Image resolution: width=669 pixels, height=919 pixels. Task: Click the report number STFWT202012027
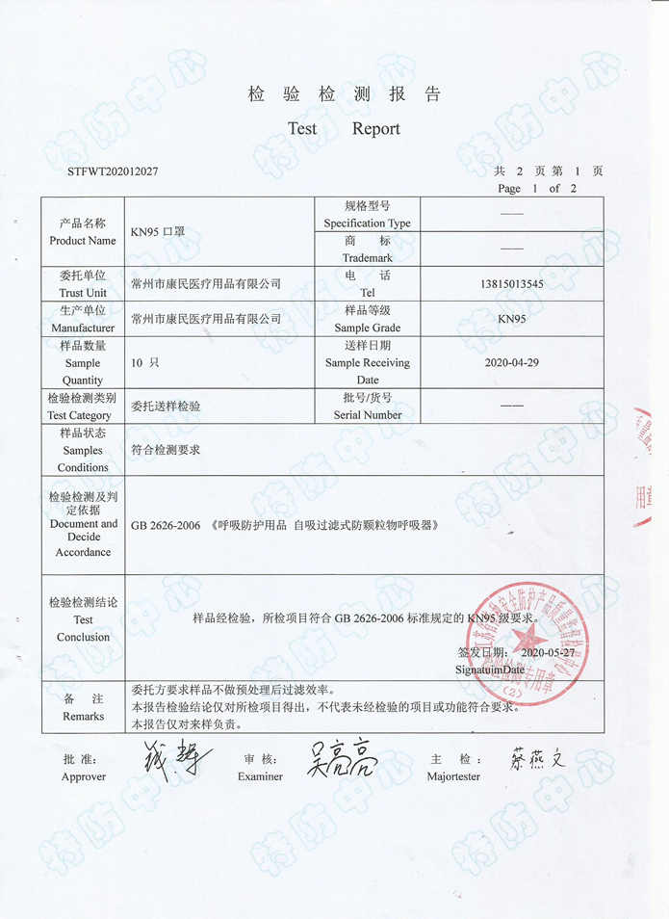pyautogui.click(x=114, y=171)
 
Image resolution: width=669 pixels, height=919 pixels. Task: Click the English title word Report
pyautogui.click(x=375, y=129)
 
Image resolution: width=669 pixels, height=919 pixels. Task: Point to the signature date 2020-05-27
pyautogui.click(x=547, y=652)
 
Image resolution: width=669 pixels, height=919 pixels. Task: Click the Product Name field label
pyautogui.click(x=83, y=232)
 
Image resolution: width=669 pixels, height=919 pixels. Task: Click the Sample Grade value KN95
pyautogui.click(x=511, y=319)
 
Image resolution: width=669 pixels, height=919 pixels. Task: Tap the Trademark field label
pyautogui.click(x=367, y=249)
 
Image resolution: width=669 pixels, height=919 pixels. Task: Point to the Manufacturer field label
pyautogui.click(x=83, y=319)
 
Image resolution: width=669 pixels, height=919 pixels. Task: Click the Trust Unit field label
pyautogui.click(x=83, y=284)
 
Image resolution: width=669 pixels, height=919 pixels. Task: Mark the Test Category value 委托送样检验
pyautogui.click(x=166, y=407)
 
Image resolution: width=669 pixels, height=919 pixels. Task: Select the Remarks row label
pyautogui.click(x=83, y=708)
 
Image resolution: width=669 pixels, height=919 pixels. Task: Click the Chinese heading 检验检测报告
pyautogui.click(x=344, y=94)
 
